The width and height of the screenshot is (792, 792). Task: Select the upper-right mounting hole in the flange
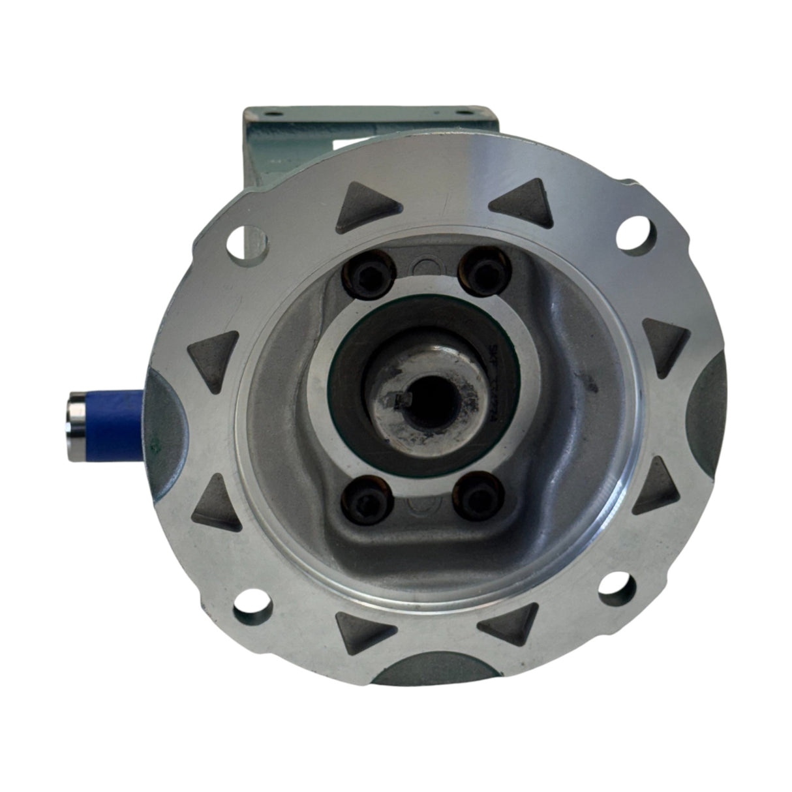coord(633,232)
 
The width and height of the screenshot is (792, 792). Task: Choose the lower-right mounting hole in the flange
coord(615,583)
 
